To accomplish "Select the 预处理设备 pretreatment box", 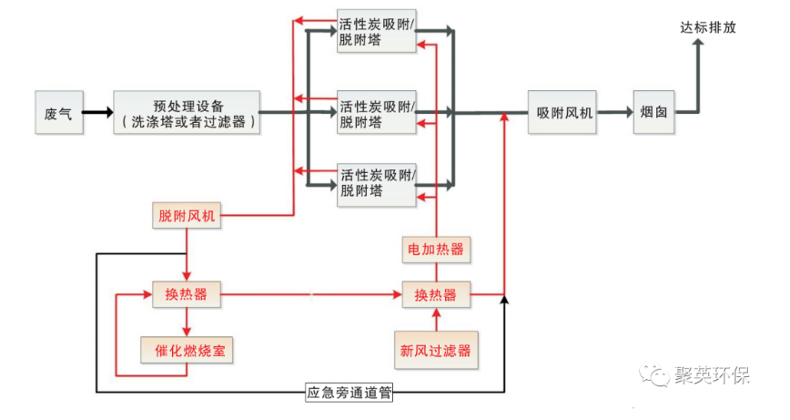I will (x=187, y=112).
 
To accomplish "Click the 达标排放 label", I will (x=707, y=27).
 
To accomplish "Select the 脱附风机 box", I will (x=185, y=216).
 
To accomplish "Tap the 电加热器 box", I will (x=437, y=248).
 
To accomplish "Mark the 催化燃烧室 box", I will (x=187, y=349).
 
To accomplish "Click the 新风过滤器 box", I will (x=436, y=349).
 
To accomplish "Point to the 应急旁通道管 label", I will (x=349, y=394).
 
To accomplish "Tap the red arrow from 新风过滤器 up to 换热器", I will (x=436, y=321).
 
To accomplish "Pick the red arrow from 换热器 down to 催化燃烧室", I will (x=186, y=321).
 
